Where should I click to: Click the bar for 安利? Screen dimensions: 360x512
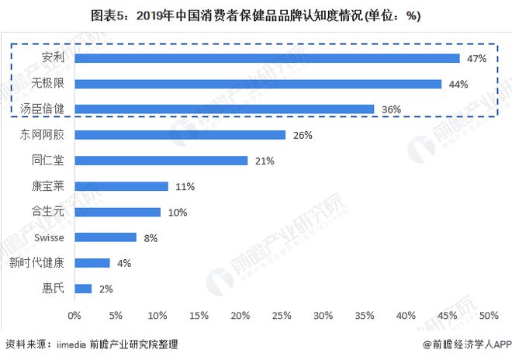(267, 58)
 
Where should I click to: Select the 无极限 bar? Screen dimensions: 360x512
(258, 84)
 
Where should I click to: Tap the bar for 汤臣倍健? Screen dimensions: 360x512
(224, 109)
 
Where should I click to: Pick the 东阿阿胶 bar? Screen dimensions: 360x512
(180, 135)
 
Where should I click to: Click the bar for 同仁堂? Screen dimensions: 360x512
(161, 161)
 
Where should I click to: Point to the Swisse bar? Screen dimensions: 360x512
(106, 237)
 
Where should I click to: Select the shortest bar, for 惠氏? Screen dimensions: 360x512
(83, 289)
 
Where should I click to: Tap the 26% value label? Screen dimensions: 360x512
(303, 135)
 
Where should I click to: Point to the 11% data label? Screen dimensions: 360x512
(184, 186)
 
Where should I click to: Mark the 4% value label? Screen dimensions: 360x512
(123, 263)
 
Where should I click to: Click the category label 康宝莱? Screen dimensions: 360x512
(48, 186)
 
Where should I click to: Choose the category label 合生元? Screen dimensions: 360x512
(48, 212)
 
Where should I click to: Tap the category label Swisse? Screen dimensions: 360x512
(47, 237)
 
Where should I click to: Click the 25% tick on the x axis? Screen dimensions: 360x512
(282, 316)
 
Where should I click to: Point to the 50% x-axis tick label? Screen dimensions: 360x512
(489, 316)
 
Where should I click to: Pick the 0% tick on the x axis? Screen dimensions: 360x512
(74, 316)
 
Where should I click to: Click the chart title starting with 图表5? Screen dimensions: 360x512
(256, 16)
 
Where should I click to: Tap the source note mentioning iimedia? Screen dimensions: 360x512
(91, 344)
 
